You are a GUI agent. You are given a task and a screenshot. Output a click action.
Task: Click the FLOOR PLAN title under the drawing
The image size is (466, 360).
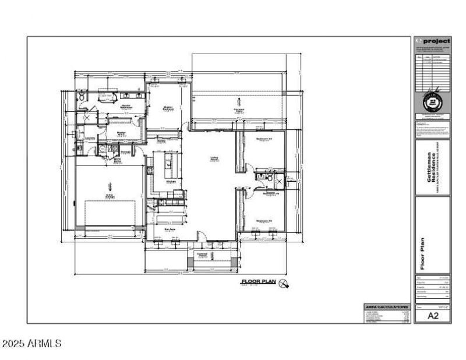(259, 282)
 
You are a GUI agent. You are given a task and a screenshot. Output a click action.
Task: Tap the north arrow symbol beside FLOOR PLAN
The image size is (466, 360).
(284, 284)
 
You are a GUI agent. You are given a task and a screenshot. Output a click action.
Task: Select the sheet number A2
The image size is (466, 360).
(432, 316)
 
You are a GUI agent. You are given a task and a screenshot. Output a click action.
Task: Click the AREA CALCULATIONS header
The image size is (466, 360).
(386, 306)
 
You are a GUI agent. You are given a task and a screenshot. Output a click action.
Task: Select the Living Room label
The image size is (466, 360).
(215, 158)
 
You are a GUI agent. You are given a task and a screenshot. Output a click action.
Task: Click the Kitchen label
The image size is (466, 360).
(171, 182)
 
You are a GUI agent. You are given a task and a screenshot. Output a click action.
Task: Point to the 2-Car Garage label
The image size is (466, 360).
(110, 196)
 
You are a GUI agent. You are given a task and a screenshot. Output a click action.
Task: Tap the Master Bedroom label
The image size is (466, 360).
(168, 108)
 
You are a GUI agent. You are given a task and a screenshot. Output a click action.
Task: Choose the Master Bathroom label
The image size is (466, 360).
(126, 107)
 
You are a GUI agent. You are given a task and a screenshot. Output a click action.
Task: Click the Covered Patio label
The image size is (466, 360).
(239, 110)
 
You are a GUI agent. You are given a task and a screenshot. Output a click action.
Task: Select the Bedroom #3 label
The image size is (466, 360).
(265, 139)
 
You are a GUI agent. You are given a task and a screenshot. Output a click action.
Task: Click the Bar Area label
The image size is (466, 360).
(171, 230)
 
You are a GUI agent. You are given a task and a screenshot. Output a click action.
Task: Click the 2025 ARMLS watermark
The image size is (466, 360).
(32, 344)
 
